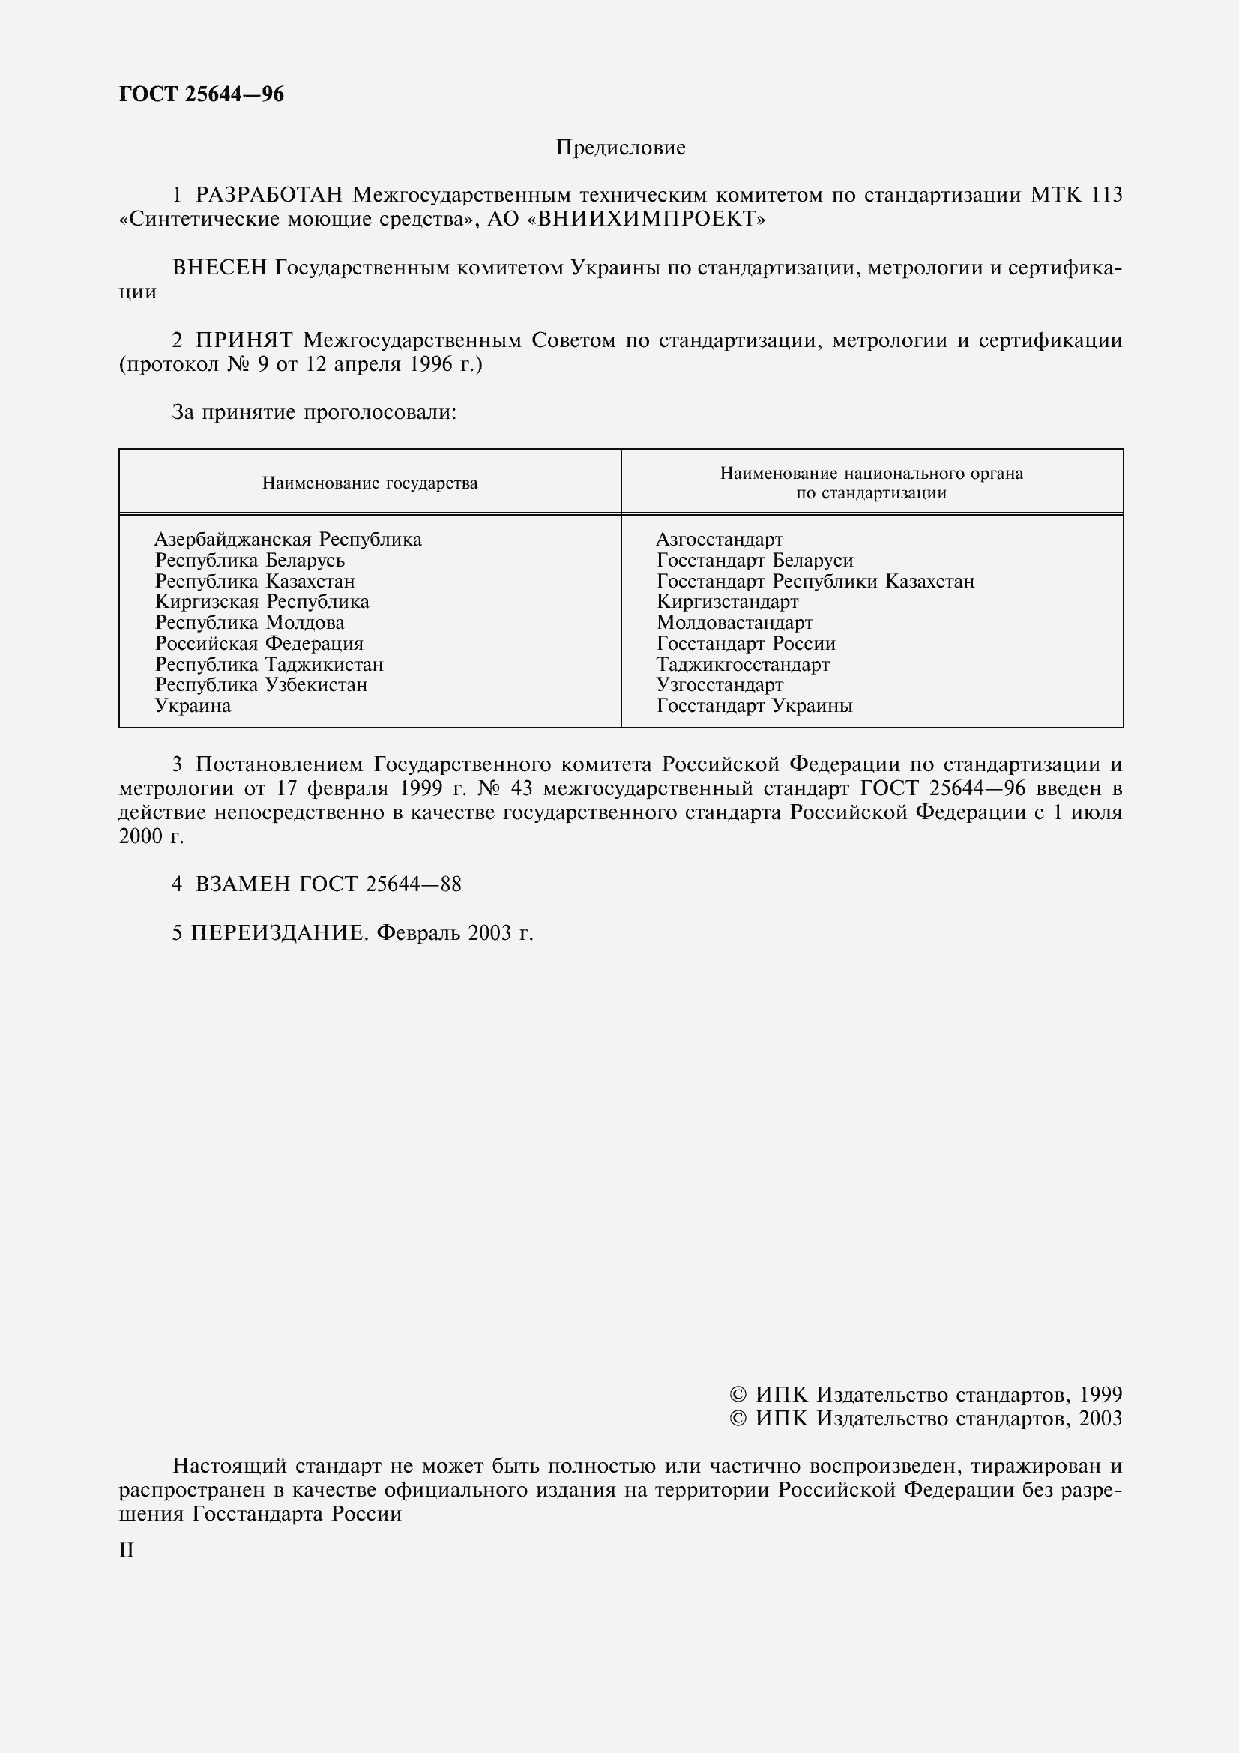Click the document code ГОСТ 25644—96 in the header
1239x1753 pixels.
[202, 94]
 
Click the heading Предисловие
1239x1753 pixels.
[620, 148]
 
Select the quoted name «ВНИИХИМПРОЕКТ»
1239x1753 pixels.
[646, 220]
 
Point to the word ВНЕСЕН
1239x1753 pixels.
[220, 268]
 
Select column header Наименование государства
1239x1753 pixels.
[370, 483]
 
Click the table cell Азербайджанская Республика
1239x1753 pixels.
[288, 540]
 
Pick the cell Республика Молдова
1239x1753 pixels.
[249, 623]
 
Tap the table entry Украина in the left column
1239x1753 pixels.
[193, 706]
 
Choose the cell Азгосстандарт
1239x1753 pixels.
[719, 540]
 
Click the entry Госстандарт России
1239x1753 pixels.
[746, 644]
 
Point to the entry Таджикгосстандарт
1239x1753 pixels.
[743, 665]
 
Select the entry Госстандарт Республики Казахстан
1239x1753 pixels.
[816, 582]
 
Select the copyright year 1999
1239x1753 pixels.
[1100, 1395]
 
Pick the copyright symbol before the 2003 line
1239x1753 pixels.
[738, 1419]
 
